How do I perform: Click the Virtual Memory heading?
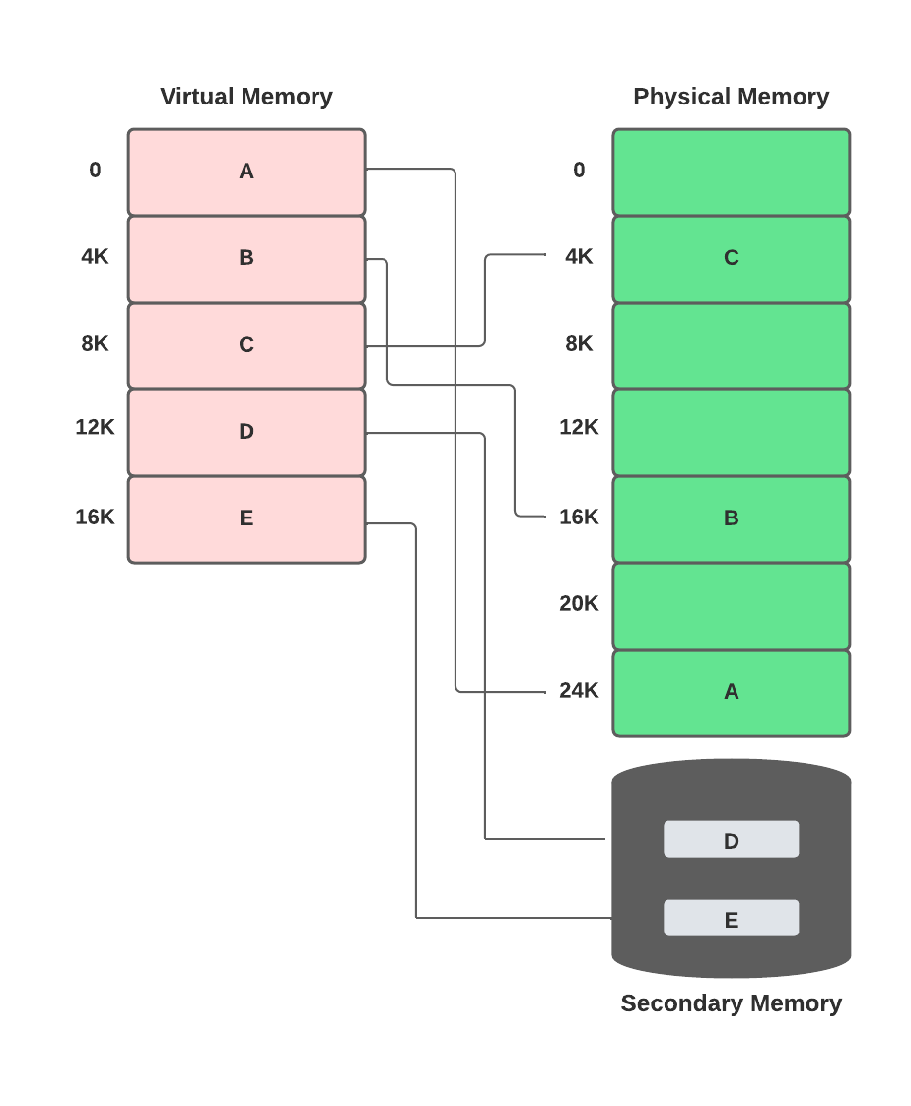click(246, 97)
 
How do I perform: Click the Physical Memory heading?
click(731, 97)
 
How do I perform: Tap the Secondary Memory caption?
click(731, 1003)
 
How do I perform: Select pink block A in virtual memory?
click(246, 172)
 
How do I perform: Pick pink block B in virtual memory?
click(246, 258)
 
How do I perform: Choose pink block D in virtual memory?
click(246, 432)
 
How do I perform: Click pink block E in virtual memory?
click(246, 518)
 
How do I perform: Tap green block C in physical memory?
click(731, 258)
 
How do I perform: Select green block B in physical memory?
click(731, 518)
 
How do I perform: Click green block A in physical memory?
click(731, 692)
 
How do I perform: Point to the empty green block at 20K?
click(731, 605)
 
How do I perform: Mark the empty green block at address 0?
click(731, 172)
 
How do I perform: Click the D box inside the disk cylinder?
click(731, 840)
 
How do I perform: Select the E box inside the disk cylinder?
click(731, 919)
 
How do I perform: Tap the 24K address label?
click(579, 691)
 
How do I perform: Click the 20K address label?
click(579, 604)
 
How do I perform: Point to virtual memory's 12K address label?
click(95, 428)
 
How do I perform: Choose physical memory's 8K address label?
click(579, 344)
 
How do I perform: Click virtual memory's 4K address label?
click(95, 257)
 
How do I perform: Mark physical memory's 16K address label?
click(579, 518)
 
